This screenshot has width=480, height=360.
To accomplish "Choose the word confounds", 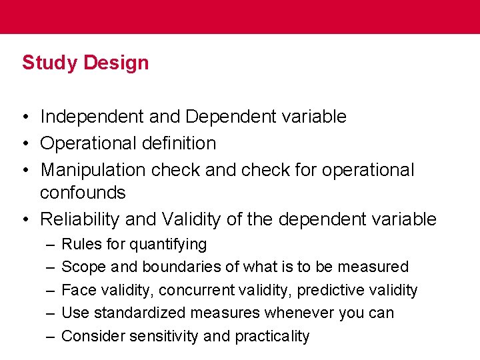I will (83, 193).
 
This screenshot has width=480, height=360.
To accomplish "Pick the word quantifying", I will (168, 245).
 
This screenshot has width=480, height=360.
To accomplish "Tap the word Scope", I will (80, 267).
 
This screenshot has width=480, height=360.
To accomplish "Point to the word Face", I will (77, 290).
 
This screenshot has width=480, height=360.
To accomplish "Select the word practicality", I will (272, 336).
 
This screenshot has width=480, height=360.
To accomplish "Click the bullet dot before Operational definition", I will (23, 144).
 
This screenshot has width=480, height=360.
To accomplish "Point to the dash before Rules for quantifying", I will (50, 245).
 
